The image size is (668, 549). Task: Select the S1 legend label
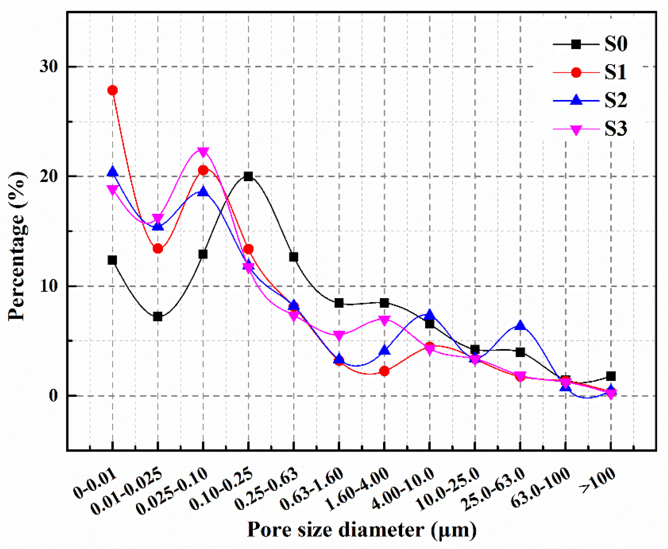[616, 73]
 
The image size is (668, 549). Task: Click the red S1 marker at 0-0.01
[112, 90]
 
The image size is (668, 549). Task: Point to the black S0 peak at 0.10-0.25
[248, 177]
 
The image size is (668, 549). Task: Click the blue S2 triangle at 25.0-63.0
[520, 326]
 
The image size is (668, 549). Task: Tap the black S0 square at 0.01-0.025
[157, 316]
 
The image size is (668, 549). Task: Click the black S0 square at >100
[611, 376]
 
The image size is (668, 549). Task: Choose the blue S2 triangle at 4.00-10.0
[429, 315]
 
